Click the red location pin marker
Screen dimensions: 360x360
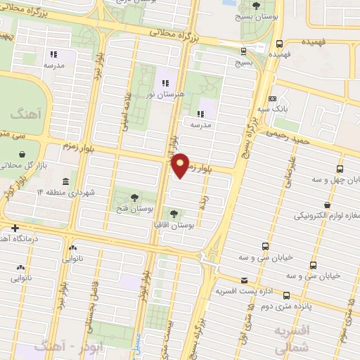point(181,165)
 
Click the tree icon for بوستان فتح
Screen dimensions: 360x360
point(134,195)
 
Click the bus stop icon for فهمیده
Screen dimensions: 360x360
point(279,43)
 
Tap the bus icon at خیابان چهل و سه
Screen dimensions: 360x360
point(340,169)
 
